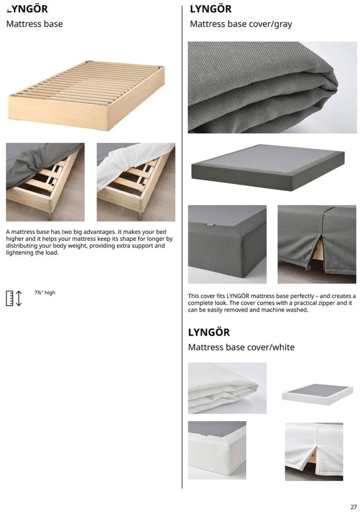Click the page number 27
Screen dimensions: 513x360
(354, 499)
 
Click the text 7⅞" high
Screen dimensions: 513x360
(45, 293)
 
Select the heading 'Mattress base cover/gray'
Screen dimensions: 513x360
(241, 24)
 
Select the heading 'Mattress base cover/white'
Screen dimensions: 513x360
(241, 347)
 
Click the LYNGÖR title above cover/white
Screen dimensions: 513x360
(209, 332)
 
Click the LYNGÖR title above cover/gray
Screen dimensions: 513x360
(211, 9)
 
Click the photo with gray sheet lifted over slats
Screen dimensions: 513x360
(45, 182)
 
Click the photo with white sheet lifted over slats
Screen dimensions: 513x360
(136, 182)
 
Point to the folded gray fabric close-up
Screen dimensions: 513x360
(272, 87)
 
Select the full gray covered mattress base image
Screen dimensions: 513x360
(268, 167)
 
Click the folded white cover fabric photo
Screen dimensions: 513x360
(227, 388)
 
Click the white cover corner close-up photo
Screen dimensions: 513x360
(217, 450)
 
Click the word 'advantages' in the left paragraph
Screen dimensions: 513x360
(99, 232)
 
